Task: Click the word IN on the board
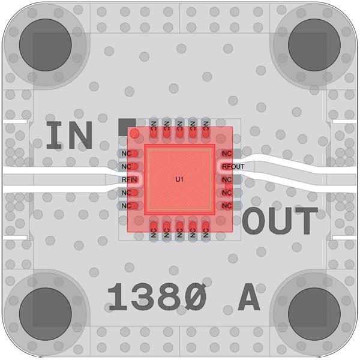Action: (70, 136)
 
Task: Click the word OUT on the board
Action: (280, 221)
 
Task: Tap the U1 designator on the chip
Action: (179, 179)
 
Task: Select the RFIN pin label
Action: (130, 179)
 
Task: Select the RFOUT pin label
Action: (232, 166)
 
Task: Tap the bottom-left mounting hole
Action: (46, 313)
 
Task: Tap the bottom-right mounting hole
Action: (314, 313)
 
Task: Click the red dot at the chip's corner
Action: (136, 133)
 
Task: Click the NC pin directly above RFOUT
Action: (227, 154)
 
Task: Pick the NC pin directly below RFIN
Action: (126, 193)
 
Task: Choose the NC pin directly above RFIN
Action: (126, 166)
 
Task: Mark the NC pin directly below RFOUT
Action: (227, 179)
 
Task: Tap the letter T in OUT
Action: (305, 221)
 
